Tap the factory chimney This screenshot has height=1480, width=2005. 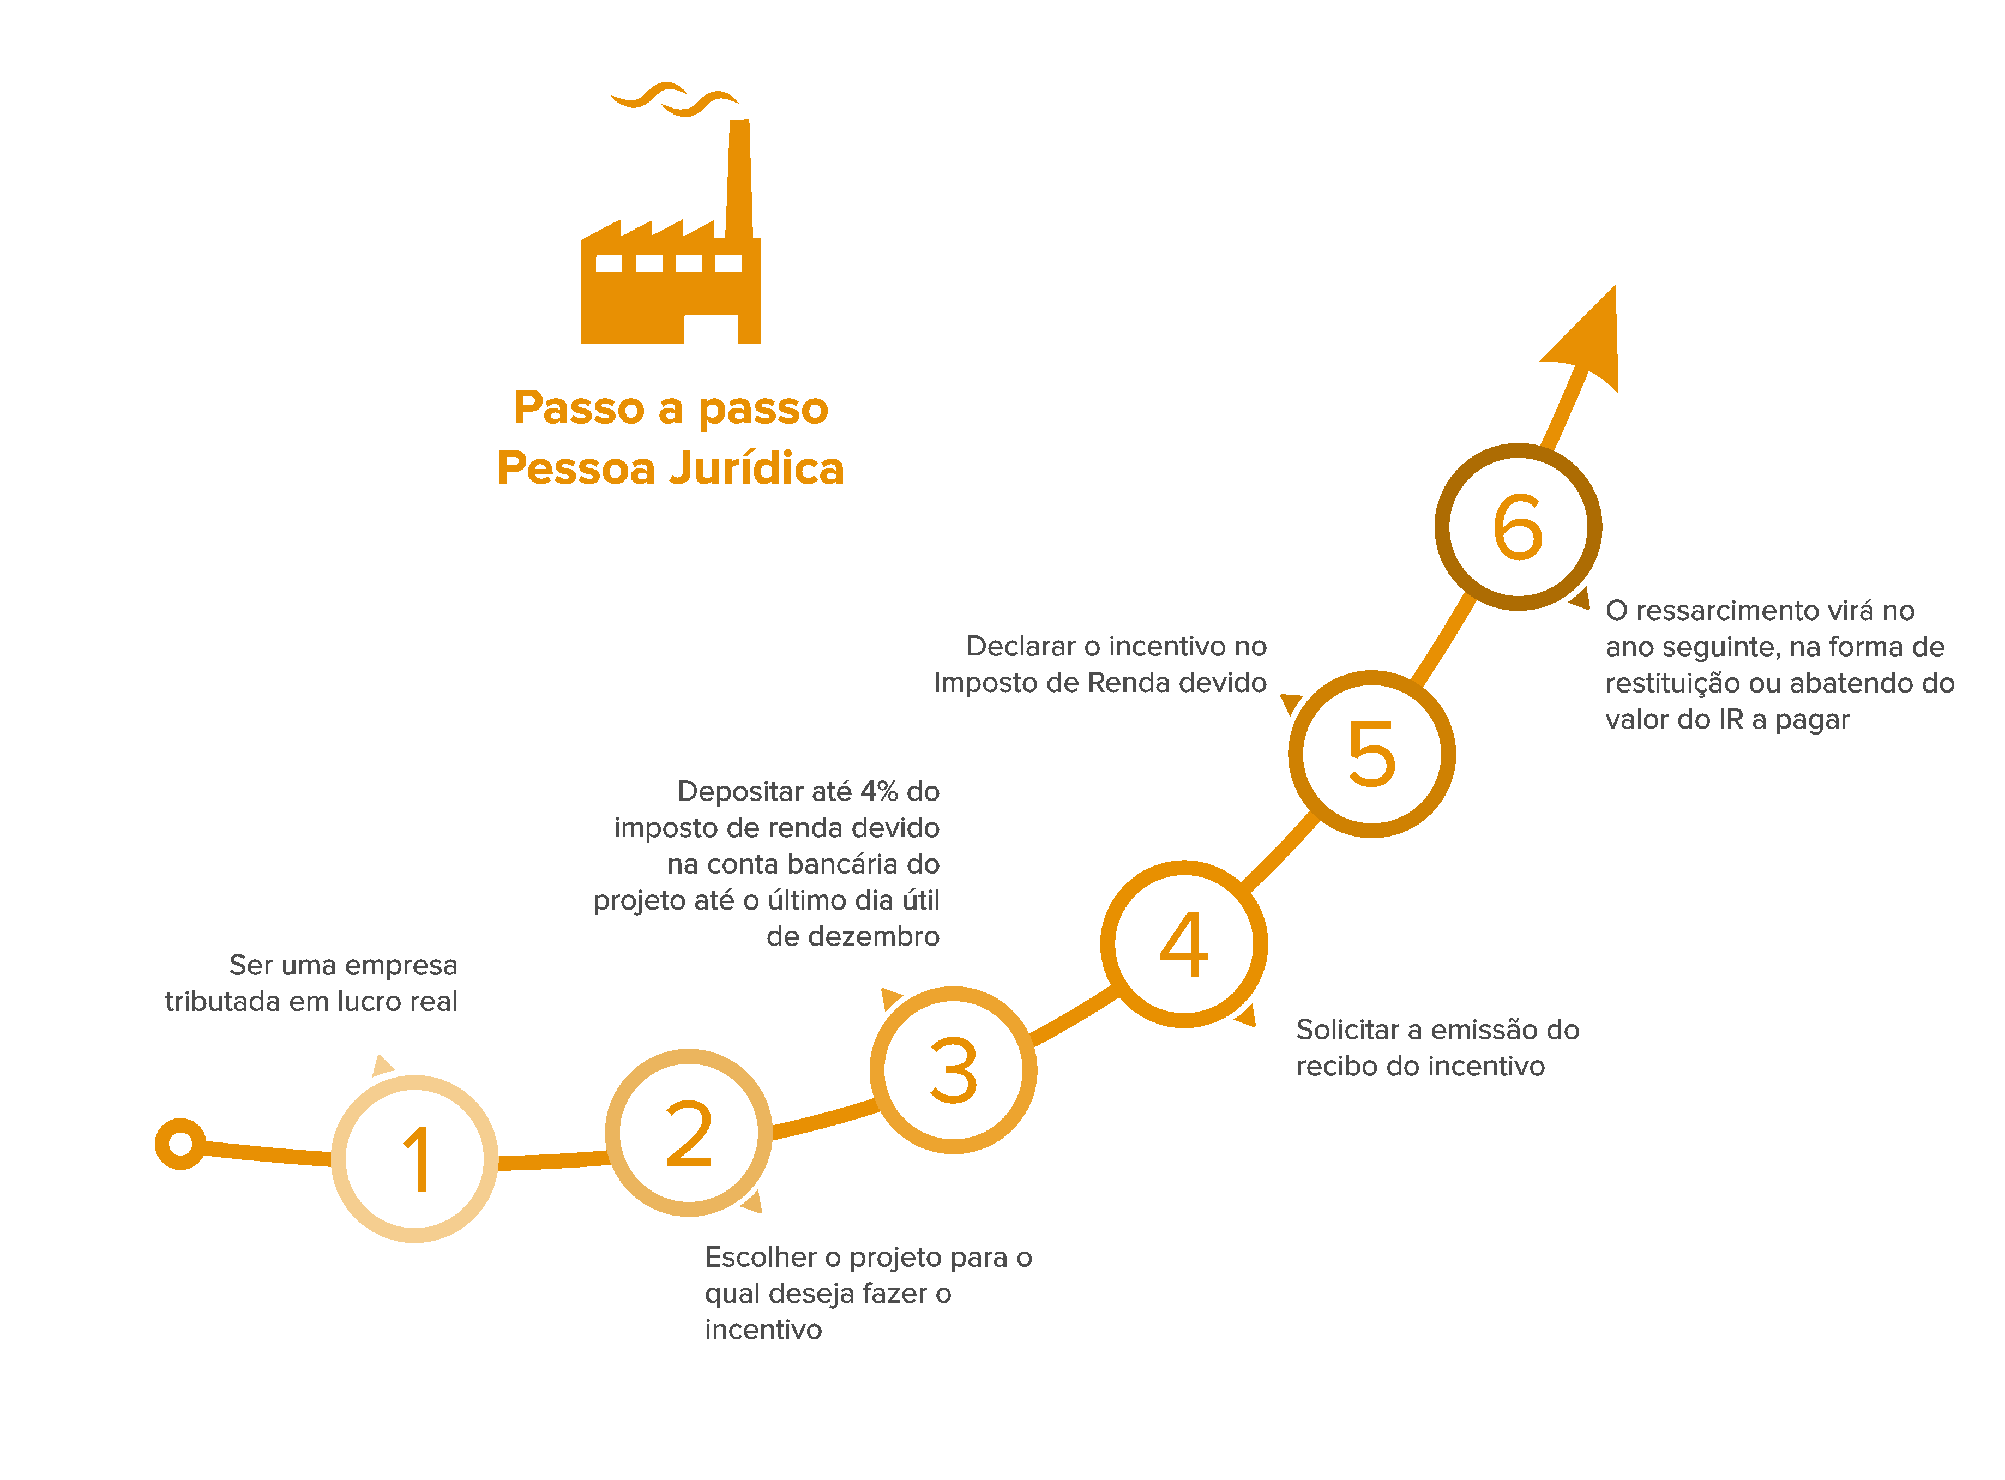click(x=739, y=179)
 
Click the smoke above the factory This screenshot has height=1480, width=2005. click(x=674, y=99)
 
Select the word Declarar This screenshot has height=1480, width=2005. click(x=1020, y=646)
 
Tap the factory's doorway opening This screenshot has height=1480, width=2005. click(x=711, y=329)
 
